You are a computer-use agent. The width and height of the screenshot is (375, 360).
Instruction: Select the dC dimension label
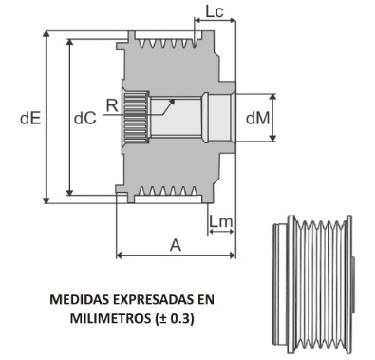click(x=84, y=118)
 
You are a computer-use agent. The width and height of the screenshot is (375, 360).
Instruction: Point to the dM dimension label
click(x=256, y=119)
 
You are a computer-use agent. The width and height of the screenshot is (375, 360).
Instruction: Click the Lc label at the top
click(x=215, y=12)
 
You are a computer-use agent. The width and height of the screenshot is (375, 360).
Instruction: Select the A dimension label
click(x=175, y=244)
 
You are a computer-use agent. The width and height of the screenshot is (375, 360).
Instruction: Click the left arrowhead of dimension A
click(x=120, y=256)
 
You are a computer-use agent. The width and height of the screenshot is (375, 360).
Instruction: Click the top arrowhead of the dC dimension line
click(x=69, y=45)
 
